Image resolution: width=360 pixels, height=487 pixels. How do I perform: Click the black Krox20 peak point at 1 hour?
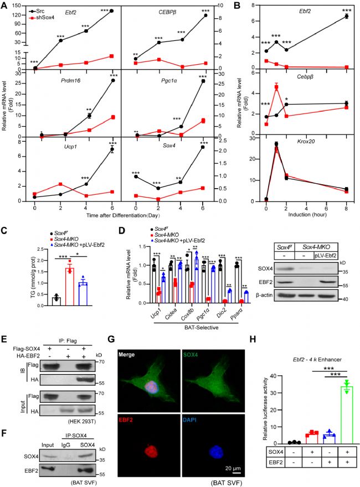point(276,144)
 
